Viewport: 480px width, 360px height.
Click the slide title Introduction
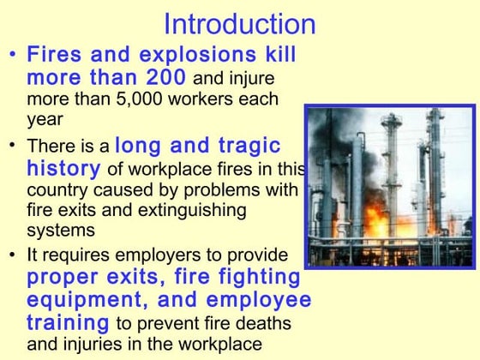tap(239, 23)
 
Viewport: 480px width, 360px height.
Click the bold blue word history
tap(63, 167)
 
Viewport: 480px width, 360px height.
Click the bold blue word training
tap(68, 323)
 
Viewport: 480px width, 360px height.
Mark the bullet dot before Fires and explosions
tap(11, 56)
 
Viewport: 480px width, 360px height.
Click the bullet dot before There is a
tap(11, 147)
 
